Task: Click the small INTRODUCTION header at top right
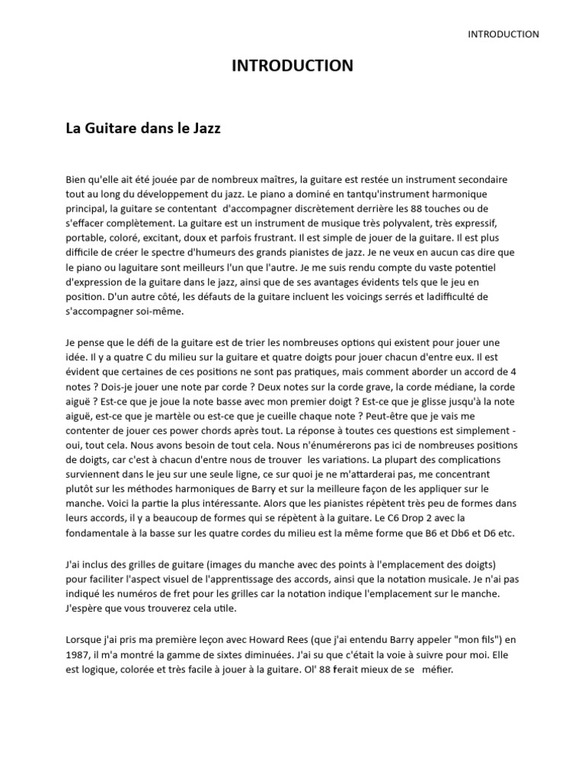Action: coord(503,34)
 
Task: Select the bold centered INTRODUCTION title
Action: coord(292,66)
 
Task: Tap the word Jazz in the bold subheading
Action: coord(203,129)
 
